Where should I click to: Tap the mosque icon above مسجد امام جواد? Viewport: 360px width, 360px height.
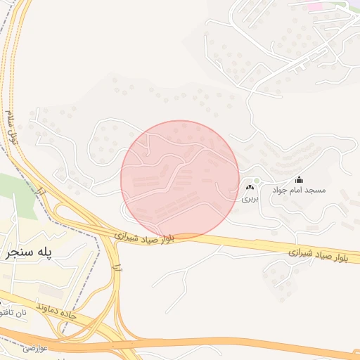click(x=299, y=179)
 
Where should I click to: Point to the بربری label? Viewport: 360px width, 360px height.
click(x=250, y=199)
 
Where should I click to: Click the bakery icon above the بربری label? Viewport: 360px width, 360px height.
click(x=250, y=188)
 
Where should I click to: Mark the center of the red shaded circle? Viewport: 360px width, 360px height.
click(x=180, y=179)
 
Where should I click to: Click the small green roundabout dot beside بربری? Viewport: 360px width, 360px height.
click(x=257, y=181)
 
